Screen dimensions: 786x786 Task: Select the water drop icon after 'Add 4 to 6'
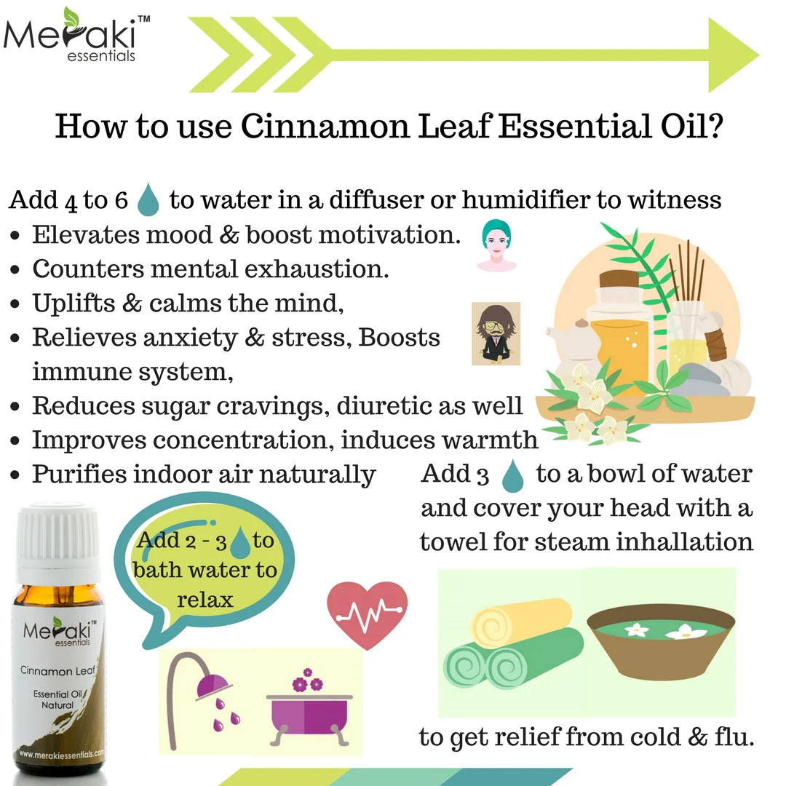148,199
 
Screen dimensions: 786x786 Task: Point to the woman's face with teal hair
496,245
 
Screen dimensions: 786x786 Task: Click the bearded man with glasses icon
495,333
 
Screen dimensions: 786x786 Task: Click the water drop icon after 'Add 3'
513,475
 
